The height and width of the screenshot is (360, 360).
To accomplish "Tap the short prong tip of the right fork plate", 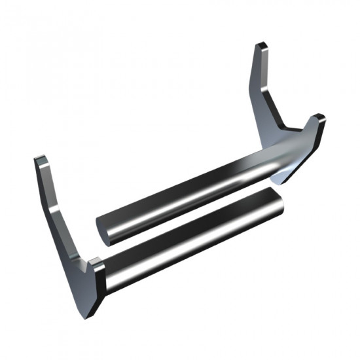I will click(x=318, y=118).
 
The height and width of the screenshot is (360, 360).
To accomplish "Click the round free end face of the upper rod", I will click(x=105, y=227).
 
